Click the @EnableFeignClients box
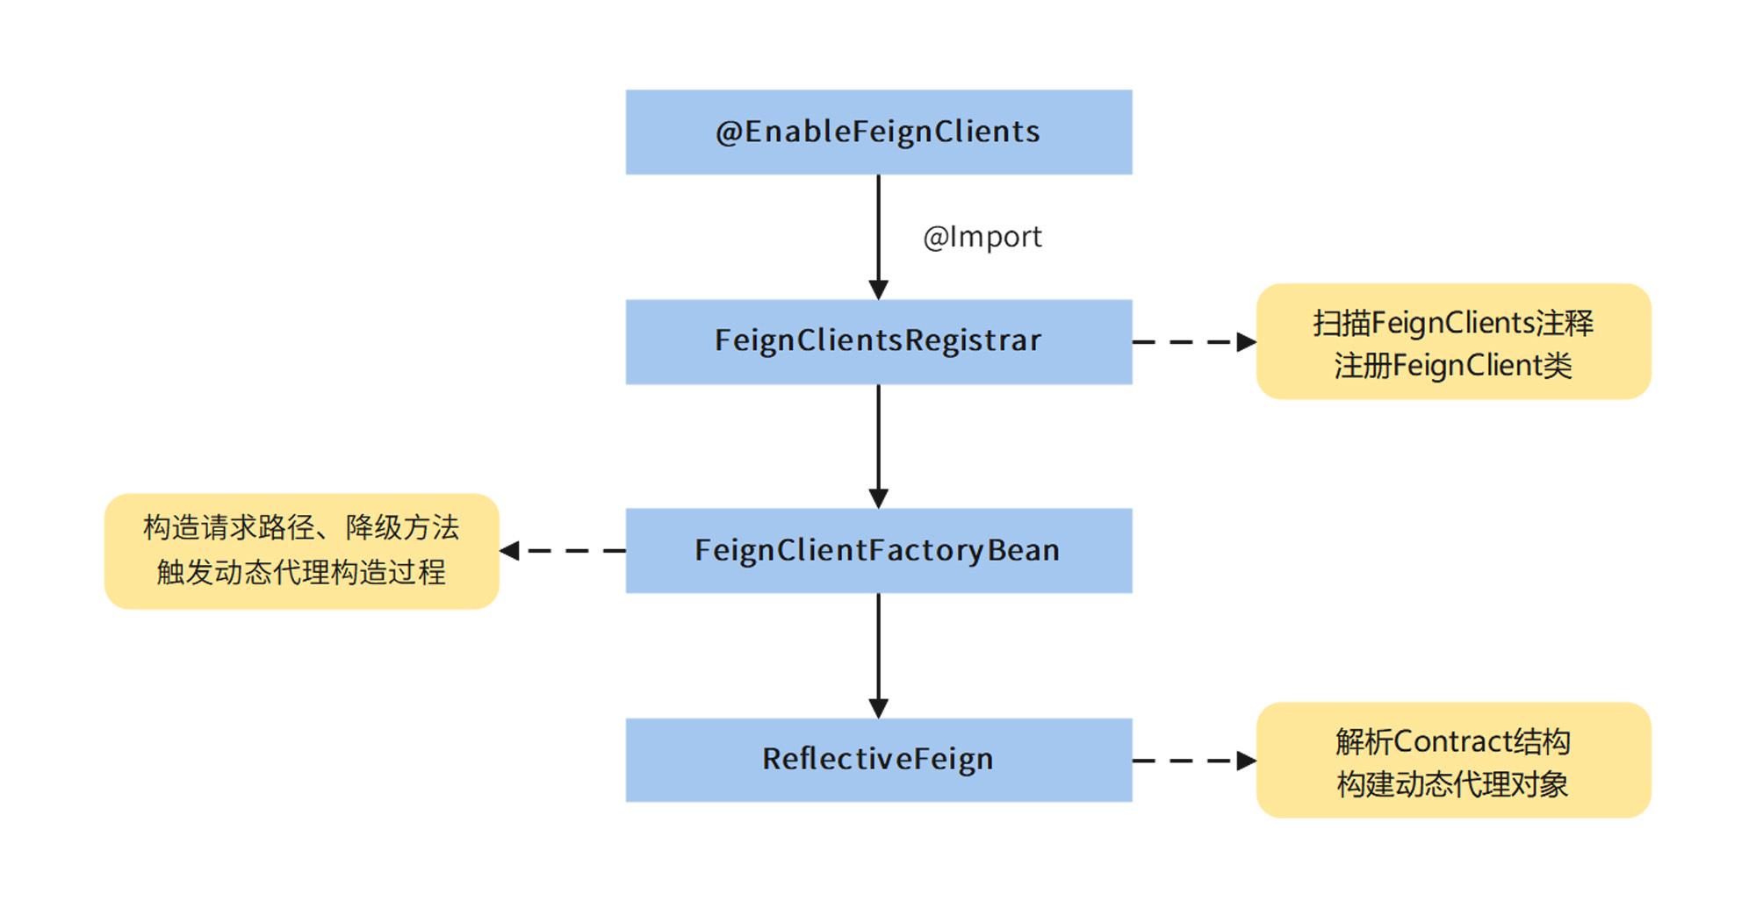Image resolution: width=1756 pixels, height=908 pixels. coord(878,132)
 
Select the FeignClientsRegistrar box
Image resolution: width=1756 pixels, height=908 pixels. coord(878,341)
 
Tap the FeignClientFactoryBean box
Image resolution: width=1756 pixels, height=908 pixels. coord(878,550)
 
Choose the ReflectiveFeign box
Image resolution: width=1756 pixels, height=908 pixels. coord(878,759)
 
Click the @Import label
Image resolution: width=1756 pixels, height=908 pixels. coord(982,237)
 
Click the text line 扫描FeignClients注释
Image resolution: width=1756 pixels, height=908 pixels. coord(1452,323)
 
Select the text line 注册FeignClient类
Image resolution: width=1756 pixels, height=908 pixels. coord(1452,365)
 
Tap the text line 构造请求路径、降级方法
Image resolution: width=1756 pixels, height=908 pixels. coord(301,527)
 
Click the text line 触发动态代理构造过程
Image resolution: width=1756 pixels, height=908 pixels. coord(301,572)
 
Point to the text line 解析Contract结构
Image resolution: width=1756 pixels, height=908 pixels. coord(1452,741)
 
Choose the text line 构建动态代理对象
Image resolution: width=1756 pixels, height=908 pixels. coord(1452,783)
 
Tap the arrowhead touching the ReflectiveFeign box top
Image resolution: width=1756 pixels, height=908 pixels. coord(878,708)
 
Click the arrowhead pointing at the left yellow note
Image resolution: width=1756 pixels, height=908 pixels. coord(509,550)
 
